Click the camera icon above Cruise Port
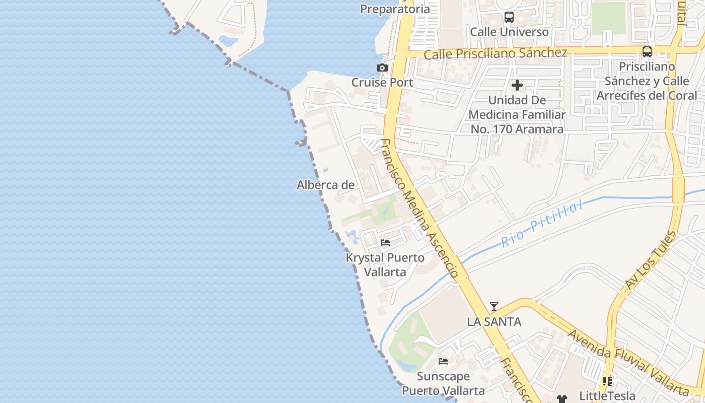(382, 68)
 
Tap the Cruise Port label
(382, 83)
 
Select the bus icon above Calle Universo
(509, 17)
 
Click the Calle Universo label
(509, 32)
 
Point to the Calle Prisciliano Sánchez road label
(496, 53)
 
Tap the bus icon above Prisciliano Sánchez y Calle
(647, 51)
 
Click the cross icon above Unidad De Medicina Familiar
(517, 85)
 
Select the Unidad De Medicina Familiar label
(517, 114)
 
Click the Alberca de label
(325, 185)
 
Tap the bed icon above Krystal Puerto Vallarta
(385, 243)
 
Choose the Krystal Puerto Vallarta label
(385, 264)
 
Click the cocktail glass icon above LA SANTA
(494, 307)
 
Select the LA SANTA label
(494, 321)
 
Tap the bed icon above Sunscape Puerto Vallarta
(443, 361)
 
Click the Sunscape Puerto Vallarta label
(443, 383)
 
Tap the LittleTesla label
(607, 395)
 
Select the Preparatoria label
(395, 9)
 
